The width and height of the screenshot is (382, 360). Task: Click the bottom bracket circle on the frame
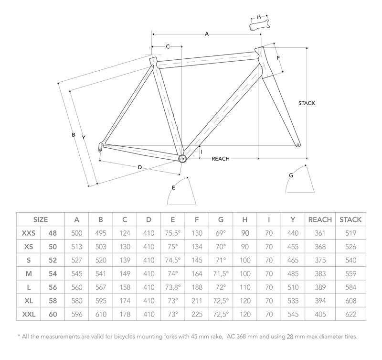(182, 158)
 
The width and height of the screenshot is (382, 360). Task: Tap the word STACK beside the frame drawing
(307, 103)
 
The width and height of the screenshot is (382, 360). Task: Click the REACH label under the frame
(221, 159)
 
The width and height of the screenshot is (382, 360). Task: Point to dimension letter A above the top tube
(207, 34)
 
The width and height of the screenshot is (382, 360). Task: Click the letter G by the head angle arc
(291, 175)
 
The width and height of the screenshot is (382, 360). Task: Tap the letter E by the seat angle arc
(173, 188)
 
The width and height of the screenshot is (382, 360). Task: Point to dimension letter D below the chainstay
(139, 167)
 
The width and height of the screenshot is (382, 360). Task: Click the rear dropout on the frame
(100, 147)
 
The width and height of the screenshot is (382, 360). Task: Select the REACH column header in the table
(320, 220)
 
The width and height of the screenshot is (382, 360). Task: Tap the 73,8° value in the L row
(172, 288)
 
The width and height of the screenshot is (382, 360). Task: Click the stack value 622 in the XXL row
(350, 315)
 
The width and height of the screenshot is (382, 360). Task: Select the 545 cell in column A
(76, 274)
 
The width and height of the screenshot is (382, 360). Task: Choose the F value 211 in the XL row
(196, 301)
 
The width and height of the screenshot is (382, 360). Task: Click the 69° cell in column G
(221, 233)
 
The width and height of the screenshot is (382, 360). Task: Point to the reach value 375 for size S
(320, 261)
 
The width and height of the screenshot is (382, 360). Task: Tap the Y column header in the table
(292, 220)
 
